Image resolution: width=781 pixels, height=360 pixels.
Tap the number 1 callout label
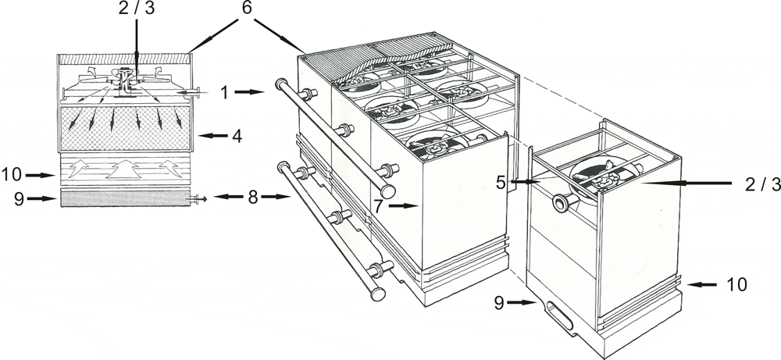[x=224, y=92]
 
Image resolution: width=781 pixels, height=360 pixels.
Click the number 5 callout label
[x=501, y=182]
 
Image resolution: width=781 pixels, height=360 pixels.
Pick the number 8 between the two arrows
[x=253, y=197]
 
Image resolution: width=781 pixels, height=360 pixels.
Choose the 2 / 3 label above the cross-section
[x=137, y=9]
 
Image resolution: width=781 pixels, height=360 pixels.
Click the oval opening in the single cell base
[x=560, y=315]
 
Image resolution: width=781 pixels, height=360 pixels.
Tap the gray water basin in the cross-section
[x=125, y=198]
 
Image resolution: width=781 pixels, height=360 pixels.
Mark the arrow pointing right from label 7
[x=403, y=205]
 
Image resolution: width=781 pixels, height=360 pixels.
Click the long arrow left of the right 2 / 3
[x=686, y=184]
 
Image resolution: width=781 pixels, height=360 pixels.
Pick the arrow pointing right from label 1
[x=248, y=92]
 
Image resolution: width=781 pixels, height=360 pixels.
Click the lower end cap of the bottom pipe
[x=378, y=294]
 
